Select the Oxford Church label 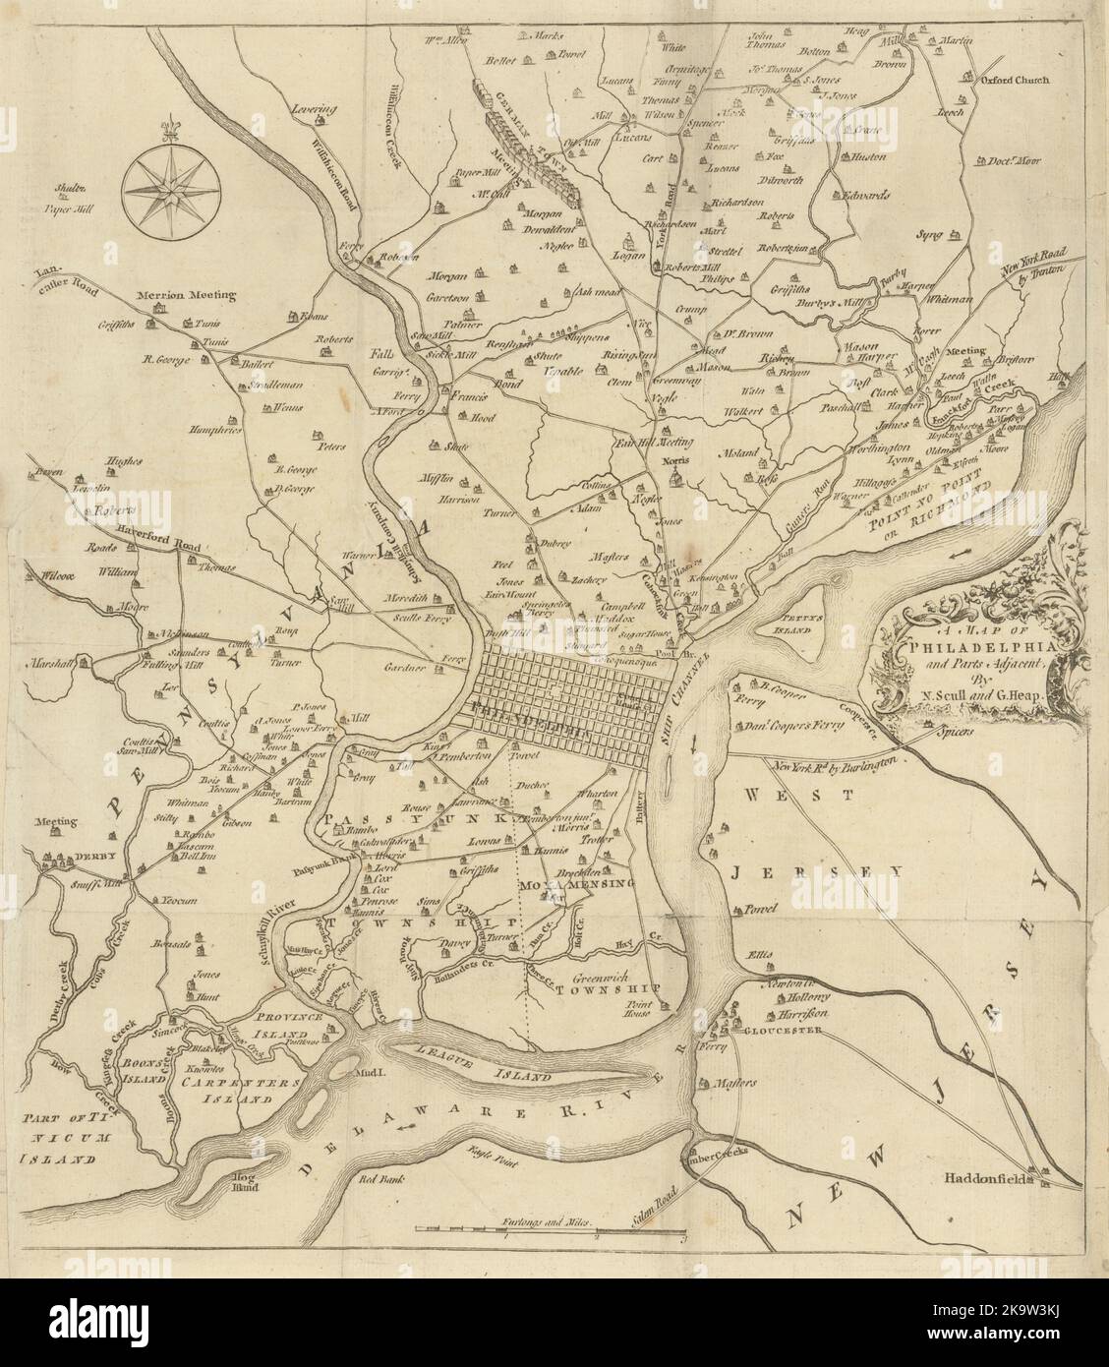[1014, 81]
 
